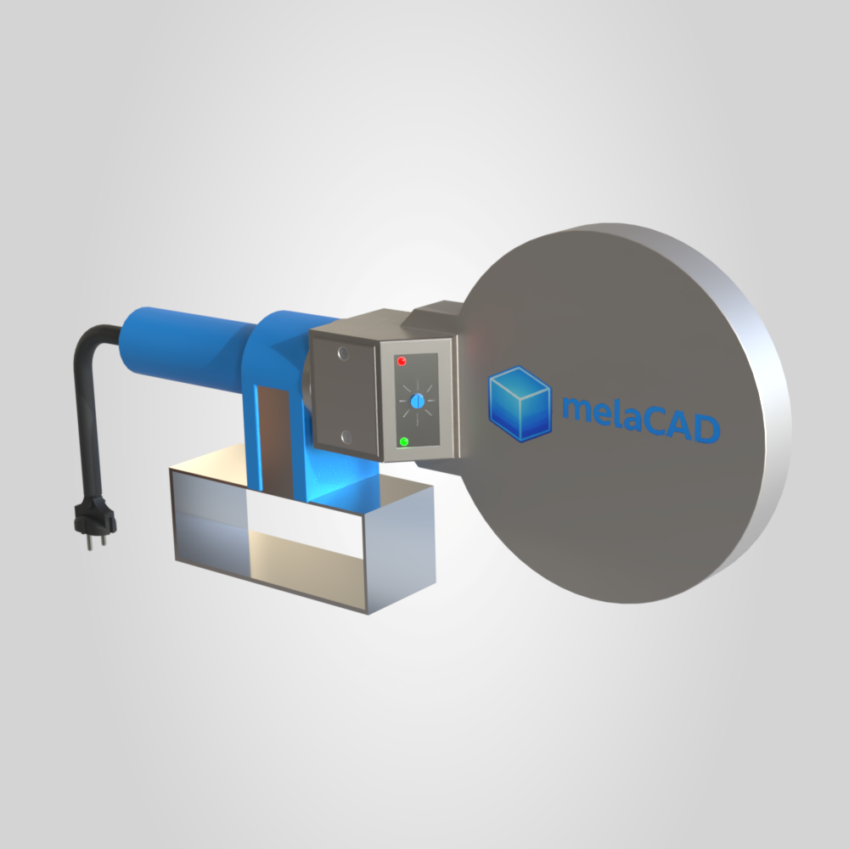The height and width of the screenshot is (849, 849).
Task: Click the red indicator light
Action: pos(402,361)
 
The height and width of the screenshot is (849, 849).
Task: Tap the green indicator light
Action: pos(403,441)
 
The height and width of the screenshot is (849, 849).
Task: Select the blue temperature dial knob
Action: pos(417,402)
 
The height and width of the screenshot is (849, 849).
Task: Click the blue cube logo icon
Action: pos(520,403)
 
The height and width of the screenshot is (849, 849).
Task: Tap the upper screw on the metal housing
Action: pos(343,354)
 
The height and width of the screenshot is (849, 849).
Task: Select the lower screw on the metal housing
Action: pos(346,436)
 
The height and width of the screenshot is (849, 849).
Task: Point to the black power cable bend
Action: pos(87,346)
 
